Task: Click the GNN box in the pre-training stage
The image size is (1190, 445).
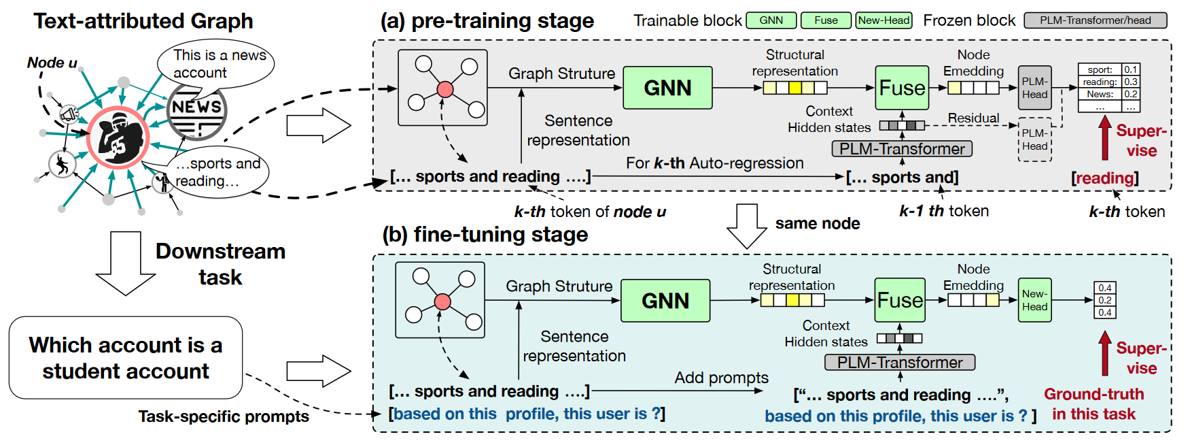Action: coord(667,88)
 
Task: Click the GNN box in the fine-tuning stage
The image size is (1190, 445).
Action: coord(665,301)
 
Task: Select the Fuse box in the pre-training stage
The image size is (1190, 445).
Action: coord(902,88)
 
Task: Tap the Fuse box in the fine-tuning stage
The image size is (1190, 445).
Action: coord(900,300)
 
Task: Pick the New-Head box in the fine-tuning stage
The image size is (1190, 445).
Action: coord(1034,300)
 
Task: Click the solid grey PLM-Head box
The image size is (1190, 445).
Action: coord(1034,88)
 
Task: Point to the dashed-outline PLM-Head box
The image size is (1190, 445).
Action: coord(1034,139)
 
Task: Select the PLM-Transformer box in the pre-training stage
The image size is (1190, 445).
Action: coord(902,149)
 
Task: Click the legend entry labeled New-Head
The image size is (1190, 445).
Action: coord(883,20)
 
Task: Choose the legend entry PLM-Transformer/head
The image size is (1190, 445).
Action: coord(1095,20)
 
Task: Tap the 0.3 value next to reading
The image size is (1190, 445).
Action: coord(1130,82)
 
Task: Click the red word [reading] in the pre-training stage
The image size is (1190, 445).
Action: coord(1105,178)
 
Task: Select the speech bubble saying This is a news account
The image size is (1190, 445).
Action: coord(216,65)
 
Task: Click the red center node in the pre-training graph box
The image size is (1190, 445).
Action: coord(445,89)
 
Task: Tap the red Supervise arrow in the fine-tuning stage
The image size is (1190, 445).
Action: coord(1105,352)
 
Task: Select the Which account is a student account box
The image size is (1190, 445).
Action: coord(126,358)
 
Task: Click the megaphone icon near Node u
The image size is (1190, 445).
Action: coord(69,114)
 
